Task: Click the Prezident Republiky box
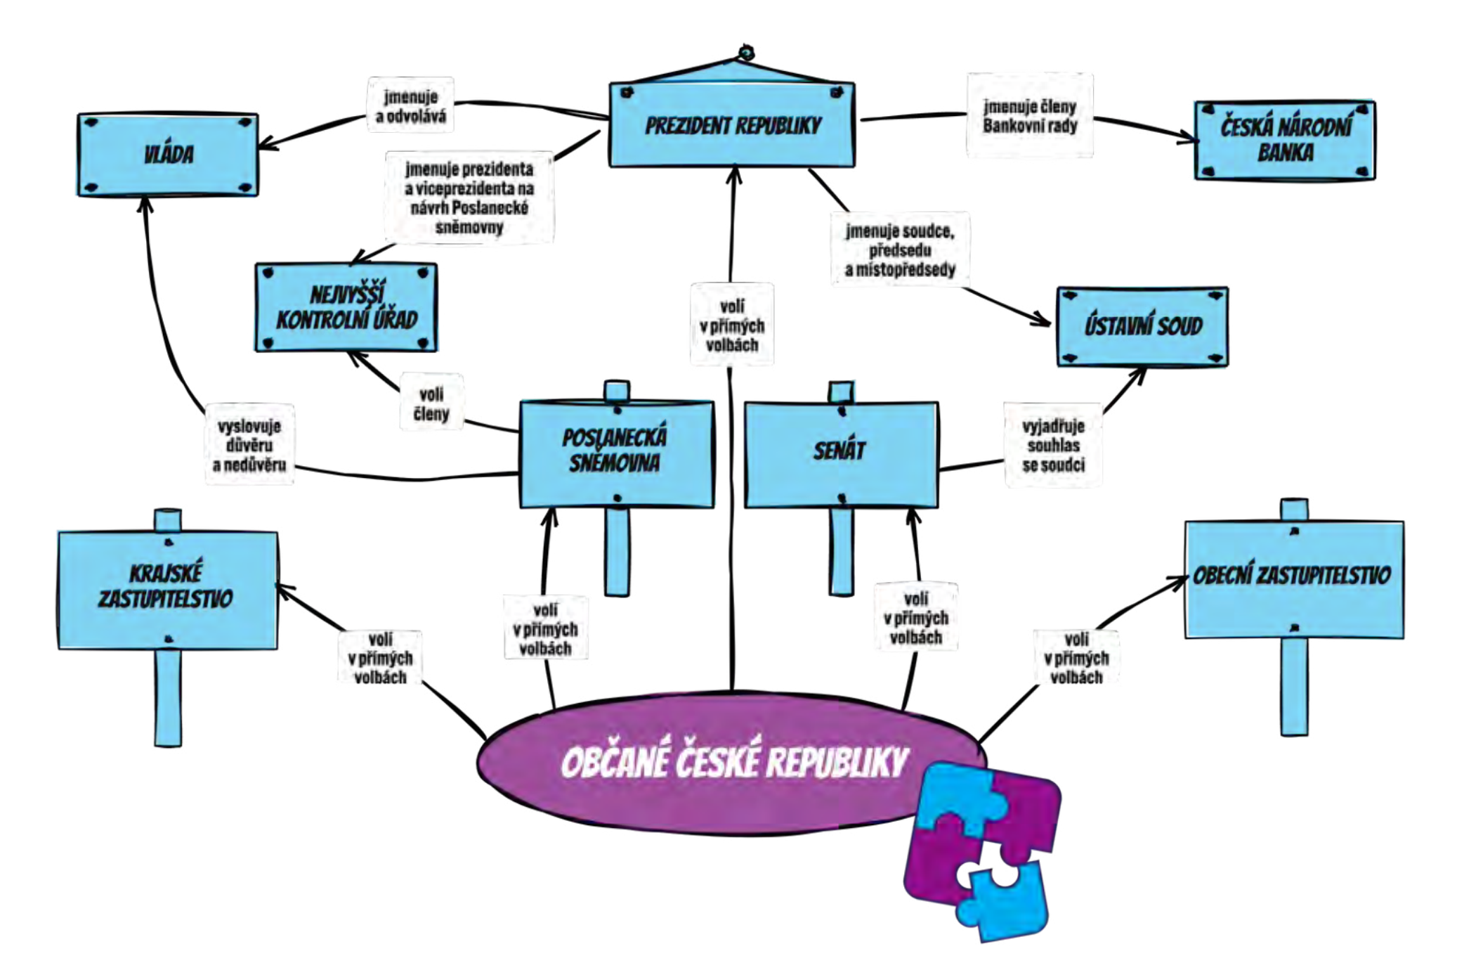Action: point(731,125)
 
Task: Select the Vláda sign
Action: point(168,155)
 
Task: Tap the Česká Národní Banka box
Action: point(1285,141)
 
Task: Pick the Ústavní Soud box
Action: point(1142,326)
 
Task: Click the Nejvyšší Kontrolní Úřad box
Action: point(346,308)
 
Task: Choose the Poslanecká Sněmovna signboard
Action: point(616,453)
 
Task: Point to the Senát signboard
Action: point(841,453)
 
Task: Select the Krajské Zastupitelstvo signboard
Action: point(167,589)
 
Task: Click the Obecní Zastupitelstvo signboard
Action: point(1293,579)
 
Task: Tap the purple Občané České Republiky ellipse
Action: point(703,763)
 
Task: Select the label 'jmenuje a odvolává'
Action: point(411,105)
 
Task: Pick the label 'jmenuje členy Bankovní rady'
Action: point(1030,115)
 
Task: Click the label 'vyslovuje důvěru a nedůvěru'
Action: point(249,444)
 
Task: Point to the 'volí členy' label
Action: point(431,403)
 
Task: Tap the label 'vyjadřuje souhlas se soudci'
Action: point(1053,444)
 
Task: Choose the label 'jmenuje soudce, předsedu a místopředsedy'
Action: point(900,250)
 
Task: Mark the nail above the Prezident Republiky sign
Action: point(746,52)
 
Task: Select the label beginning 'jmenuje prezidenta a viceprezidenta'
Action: point(469,198)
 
